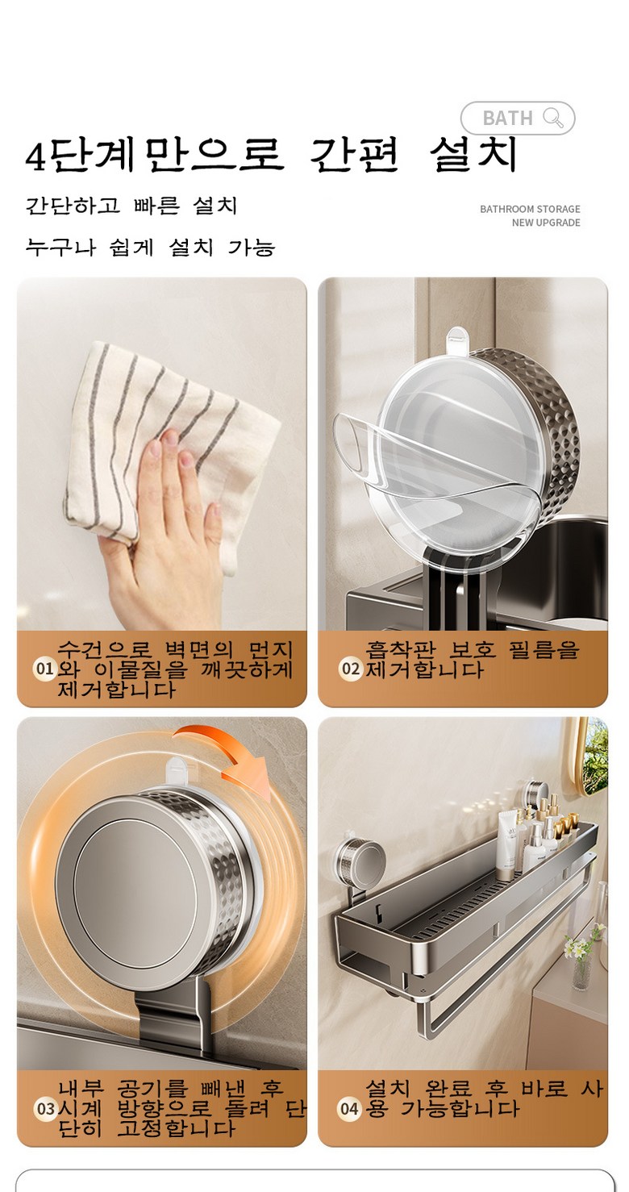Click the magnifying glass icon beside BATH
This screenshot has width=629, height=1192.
coord(553,117)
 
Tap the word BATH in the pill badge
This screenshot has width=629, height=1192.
coord(507,118)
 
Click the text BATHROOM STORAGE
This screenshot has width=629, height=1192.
coord(530,209)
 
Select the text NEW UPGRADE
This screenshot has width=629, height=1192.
coord(546,223)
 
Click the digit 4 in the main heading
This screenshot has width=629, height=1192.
coord(35,157)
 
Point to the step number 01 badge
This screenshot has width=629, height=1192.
coord(44,669)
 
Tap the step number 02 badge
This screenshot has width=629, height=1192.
coord(350,669)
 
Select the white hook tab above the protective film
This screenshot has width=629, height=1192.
coord(456,339)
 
